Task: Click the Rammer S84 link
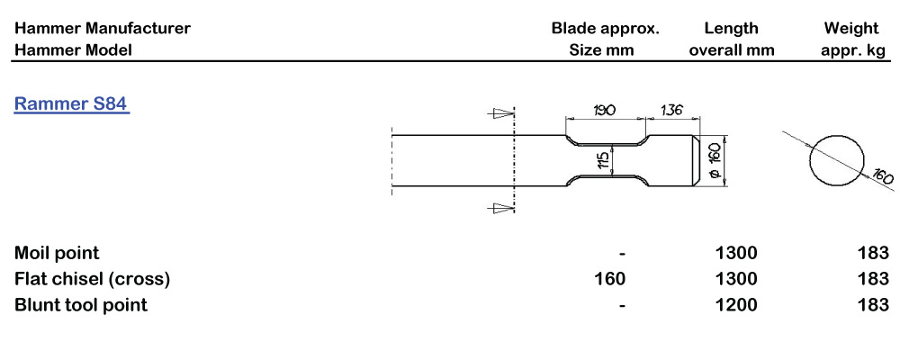coord(72,104)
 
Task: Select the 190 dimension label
coord(605,110)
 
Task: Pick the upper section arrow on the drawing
coord(499,113)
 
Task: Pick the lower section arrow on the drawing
coord(499,208)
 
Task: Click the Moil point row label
coord(57,253)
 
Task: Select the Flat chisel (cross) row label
coord(93,279)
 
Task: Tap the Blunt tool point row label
coord(81,305)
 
